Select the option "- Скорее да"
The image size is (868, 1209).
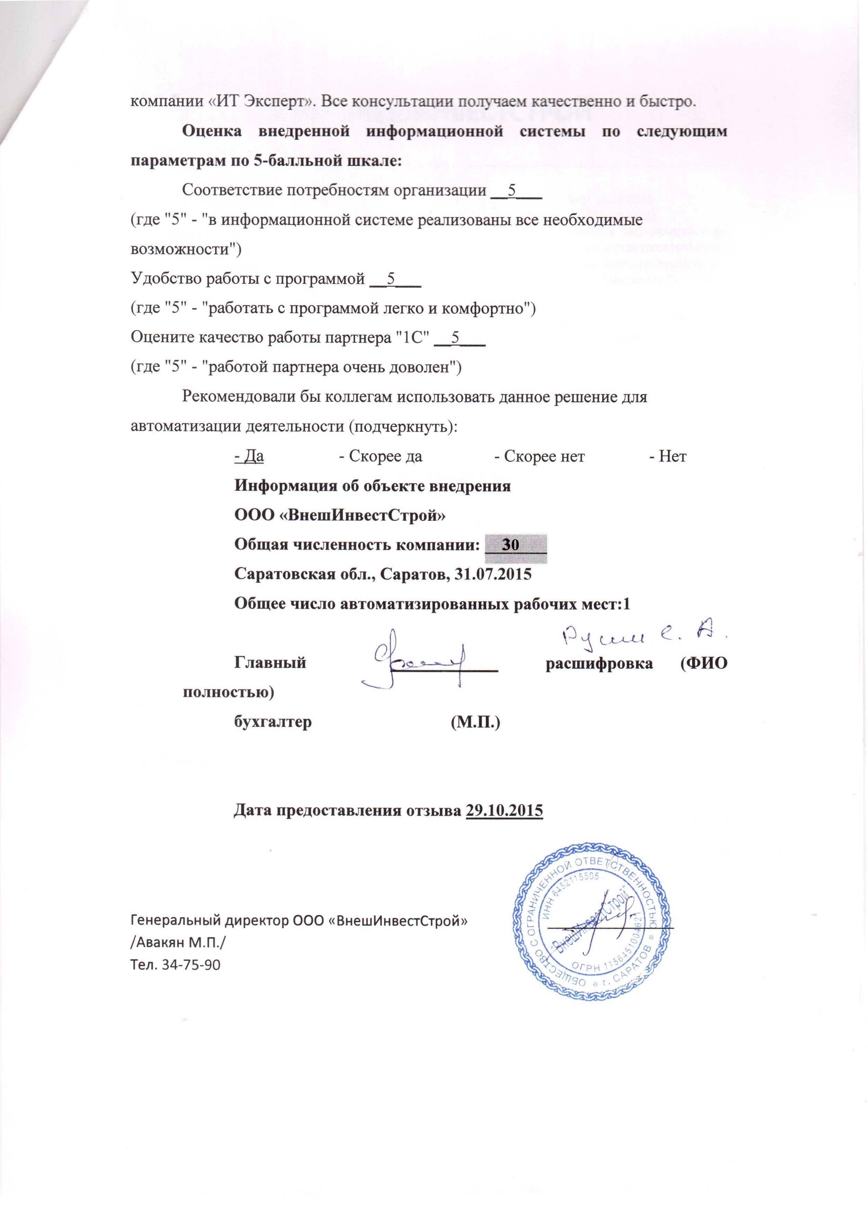point(381,457)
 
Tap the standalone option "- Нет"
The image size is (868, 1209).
point(668,457)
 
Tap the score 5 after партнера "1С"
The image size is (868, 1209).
point(456,338)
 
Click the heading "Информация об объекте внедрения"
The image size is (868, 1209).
point(372,486)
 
